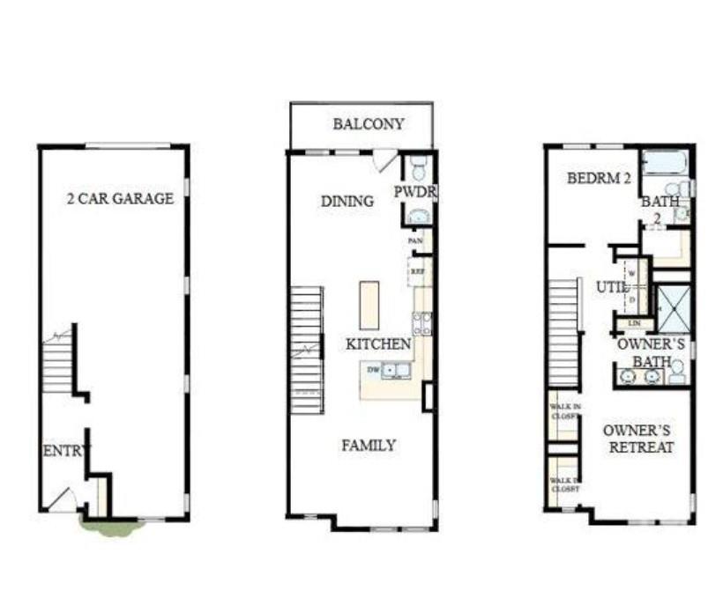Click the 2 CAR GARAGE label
point(120,198)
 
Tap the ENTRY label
point(65,451)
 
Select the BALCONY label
point(369,124)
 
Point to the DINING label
point(347,201)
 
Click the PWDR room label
point(416,192)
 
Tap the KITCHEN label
point(378,343)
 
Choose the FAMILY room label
point(369,446)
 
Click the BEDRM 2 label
point(599,178)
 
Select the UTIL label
point(612,287)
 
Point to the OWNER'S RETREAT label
point(638,439)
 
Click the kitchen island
point(369,305)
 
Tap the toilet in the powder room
point(419,168)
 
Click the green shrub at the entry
point(112,527)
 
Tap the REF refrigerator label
point(418,273)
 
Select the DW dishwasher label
point(373,370)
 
